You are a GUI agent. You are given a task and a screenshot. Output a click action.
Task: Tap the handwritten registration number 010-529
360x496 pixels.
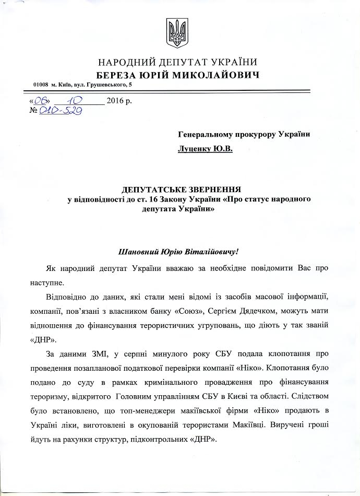pos(61,111)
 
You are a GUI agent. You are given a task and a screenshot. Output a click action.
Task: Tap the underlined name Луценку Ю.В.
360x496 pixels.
pos(205,149)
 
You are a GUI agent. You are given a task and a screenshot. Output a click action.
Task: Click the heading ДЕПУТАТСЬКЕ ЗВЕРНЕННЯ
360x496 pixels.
pos(183,189)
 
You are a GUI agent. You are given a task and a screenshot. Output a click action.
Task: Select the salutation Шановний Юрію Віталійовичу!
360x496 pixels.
pos(179,252)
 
